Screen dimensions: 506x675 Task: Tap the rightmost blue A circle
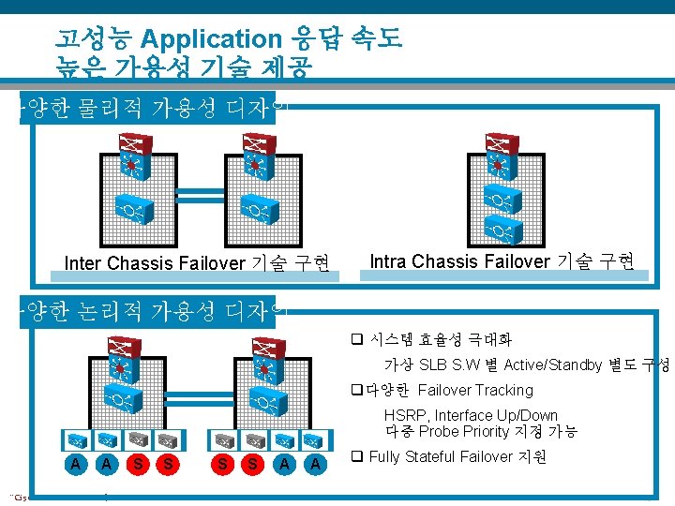coord(317,462)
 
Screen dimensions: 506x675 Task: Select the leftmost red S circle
coord(138,462)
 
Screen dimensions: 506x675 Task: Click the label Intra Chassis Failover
coord(459,261)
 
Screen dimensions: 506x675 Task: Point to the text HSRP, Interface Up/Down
coord(471,415)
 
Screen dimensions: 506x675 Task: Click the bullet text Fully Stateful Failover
coord(441,457)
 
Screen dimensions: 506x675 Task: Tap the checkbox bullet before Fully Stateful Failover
coord(356,456)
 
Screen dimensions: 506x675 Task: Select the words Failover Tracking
coord(475,390)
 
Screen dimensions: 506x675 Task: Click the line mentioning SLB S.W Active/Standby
coord(525,365)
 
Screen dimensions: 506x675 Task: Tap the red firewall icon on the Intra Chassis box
coord(496,145)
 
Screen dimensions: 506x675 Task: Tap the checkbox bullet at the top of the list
coord(356,339)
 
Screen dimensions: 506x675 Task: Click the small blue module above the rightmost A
coord(317,439)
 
